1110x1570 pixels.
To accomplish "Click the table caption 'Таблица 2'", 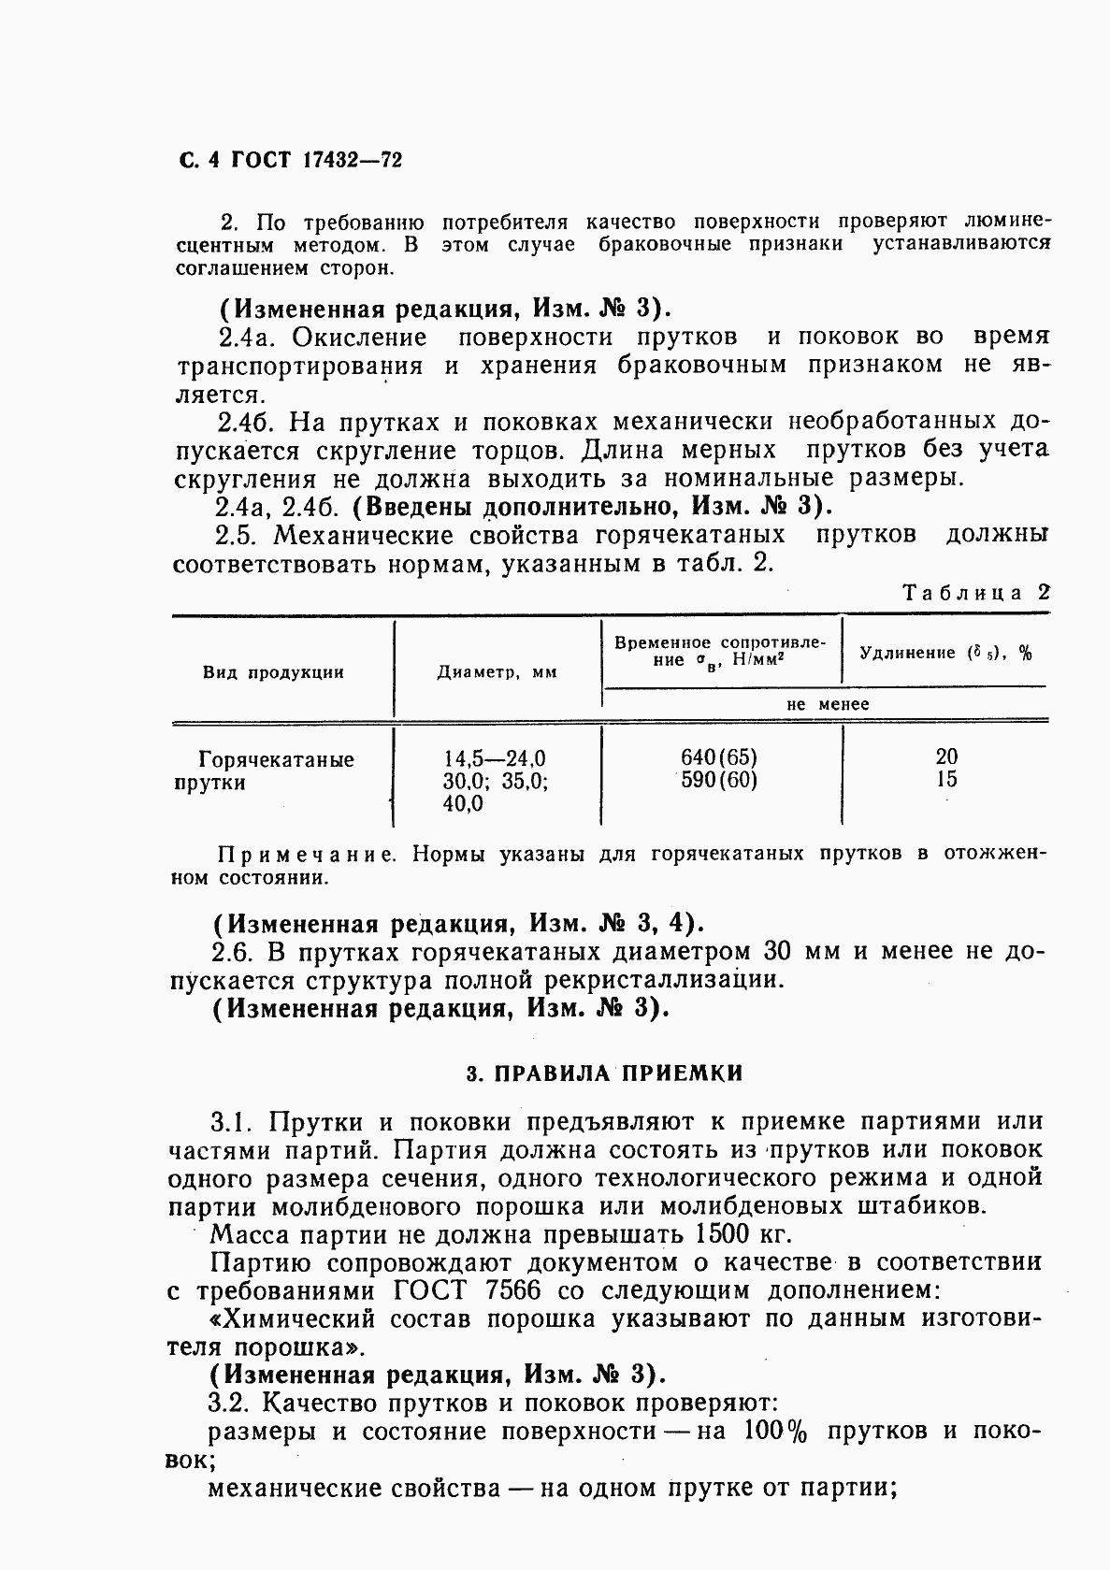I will coord(976,593).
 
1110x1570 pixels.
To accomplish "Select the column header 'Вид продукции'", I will coord(273,672).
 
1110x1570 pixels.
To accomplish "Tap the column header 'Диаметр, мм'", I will coord(497,672).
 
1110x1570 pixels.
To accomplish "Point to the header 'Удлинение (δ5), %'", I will coord(945,654).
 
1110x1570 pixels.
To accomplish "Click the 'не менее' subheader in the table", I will coord(828,704).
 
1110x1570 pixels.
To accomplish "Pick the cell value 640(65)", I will coord(719,756).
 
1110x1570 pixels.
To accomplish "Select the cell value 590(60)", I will coord(719,780).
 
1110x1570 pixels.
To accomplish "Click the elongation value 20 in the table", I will coord(946,756).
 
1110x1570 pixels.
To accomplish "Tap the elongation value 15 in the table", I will coord(946,779).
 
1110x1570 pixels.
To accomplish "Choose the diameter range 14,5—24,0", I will coord(495,758).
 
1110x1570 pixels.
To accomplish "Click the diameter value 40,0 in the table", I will coord(463,803).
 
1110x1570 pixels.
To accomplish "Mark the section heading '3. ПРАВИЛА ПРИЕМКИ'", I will coord(604,1073).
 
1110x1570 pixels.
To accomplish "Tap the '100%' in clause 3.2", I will coord(775,1432).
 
